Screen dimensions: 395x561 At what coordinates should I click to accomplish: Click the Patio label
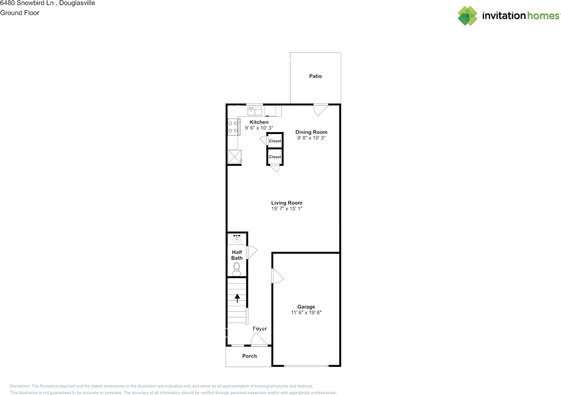click(315, 76)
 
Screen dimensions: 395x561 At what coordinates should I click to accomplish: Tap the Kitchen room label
click(259, 122)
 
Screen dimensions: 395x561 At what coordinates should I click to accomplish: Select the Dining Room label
click(311, 132)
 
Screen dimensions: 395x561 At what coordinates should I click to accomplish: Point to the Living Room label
click(287, 203)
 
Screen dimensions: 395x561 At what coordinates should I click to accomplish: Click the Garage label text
click(306, 307)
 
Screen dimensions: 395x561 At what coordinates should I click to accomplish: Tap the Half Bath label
click(237, 255)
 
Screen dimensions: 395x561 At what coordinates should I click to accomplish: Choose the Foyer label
click(259, 328)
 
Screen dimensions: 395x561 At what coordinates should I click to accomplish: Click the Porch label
click(249, 356)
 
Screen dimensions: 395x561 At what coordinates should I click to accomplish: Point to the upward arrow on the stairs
click(238, 298)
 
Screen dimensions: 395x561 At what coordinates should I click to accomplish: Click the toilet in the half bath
click(237, 268)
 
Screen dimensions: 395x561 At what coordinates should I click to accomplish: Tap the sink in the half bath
click(237, 239)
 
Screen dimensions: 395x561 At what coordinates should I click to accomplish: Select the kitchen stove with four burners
click(233, 127)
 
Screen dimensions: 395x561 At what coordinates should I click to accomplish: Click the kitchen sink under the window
click(255, 110)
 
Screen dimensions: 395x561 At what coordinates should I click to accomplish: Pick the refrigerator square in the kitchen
click(235, 157)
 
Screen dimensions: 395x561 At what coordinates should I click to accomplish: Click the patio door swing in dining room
click(321, 109)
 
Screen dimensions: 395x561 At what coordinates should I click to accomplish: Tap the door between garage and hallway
click(277, 276)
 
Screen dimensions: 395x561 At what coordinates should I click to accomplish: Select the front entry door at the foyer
click(259, 340)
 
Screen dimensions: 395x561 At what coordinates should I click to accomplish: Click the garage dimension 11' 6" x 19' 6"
click(306, 313)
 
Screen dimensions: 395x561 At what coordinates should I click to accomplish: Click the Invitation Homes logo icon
click(467, 16)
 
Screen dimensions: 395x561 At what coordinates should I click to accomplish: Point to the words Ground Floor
click(20, 13)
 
